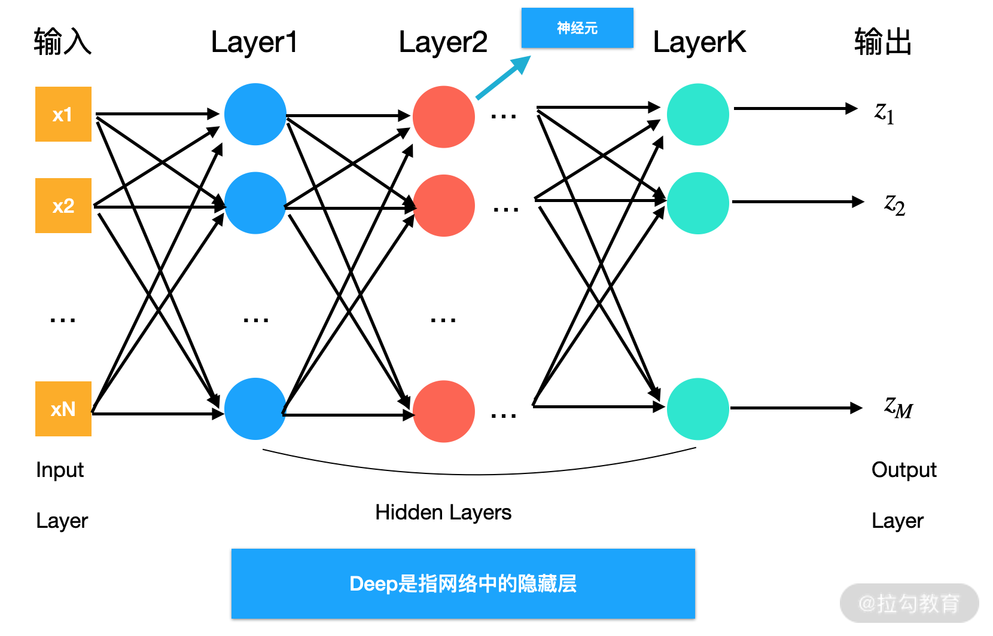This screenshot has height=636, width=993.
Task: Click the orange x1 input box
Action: pyautogui.click(x=63, y=114)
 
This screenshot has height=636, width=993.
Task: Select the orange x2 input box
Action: pyautogui.click(x=63, y=206)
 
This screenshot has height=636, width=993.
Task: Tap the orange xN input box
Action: pyautogui.click(x=63, y=409)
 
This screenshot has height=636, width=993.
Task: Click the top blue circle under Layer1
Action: pyautogui.click(x=255, y=114)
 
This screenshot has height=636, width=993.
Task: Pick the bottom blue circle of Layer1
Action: pyautogui.click(x=255, y=409)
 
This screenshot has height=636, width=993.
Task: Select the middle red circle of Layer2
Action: pyautogui.click(x=444, y=206)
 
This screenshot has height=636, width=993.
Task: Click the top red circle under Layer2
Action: pyautogui.click(x=444, y=117)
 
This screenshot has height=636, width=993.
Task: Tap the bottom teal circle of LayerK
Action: pyautogui.click(x=697, y=409)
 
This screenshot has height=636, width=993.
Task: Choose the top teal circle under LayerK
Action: pyautogui.click(x=697, y=114)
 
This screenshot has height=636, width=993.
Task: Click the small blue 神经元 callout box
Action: pyautogui.click(x=577, y=27)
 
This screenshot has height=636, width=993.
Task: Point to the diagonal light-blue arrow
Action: pyautogui.click(x=503, y=78)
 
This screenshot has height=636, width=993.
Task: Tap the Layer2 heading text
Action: pyautogui.click(x=443, y=42)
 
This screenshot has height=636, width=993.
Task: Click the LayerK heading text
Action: pyautogui.click(x=699, y=42)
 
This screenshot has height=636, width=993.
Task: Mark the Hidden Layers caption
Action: pyautogui.click(x=443, y=512)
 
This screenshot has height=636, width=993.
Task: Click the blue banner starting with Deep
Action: pyautogui.click(x=463, y=583)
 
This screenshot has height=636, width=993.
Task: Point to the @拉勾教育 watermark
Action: pyautogui.click(x=909, y=604)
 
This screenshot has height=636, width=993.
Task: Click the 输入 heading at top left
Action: pyautogui.click(x=62, y=42)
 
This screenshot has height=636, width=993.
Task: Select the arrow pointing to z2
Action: pyautogui.click(x=798, y=202)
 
